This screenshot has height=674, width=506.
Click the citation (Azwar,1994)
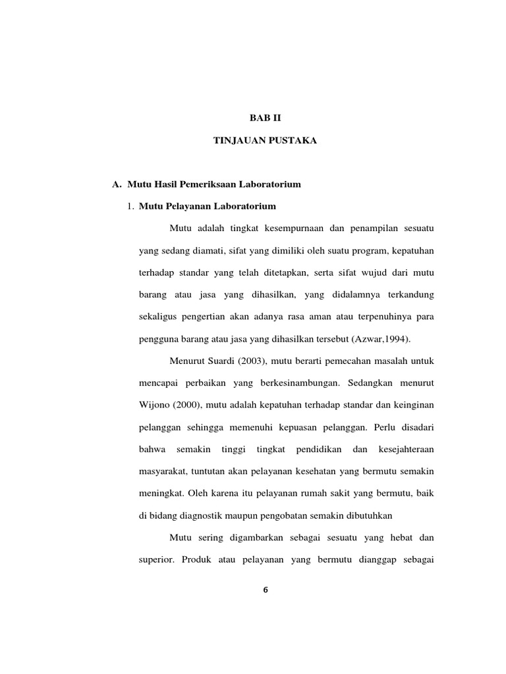381,338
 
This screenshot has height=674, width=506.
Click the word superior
155,559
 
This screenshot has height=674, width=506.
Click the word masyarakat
163,471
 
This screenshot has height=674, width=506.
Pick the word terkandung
407,294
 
